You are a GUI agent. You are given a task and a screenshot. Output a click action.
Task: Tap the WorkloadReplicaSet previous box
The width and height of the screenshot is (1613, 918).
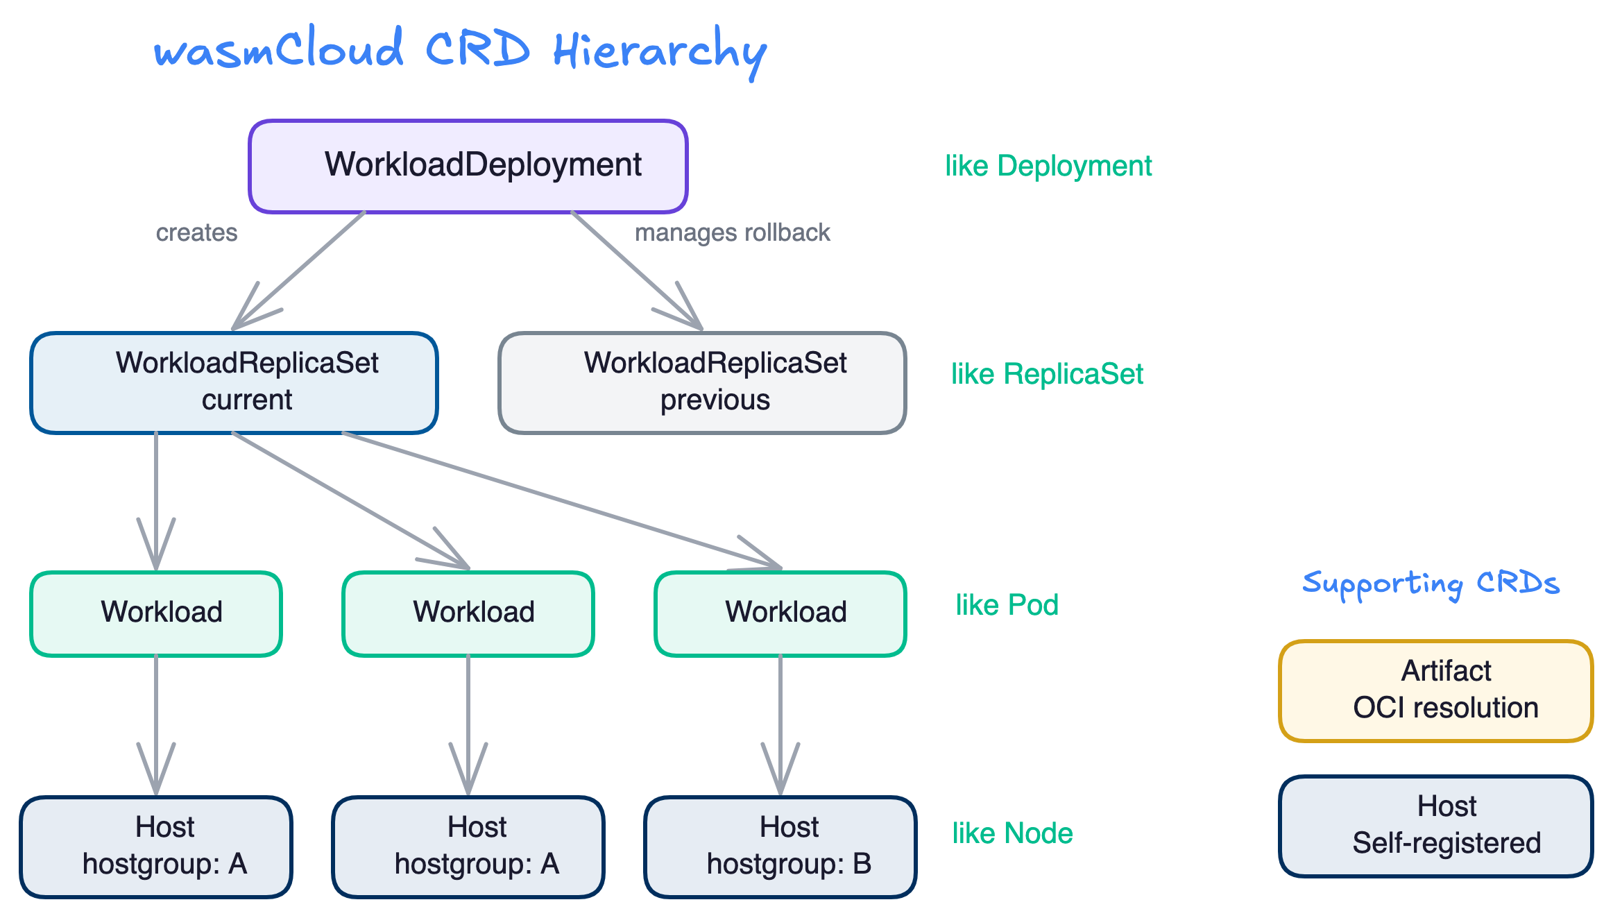[x=702, y=383]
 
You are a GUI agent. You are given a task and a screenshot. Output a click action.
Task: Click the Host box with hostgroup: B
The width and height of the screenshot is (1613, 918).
[x=780, y=847]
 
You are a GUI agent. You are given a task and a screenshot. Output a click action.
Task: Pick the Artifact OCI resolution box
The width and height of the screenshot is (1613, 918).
[x=1436, y=691]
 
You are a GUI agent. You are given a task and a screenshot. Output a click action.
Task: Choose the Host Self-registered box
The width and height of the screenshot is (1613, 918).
[x=1436, y=826]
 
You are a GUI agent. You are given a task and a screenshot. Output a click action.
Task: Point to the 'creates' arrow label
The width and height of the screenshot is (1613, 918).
[x=196, y=232]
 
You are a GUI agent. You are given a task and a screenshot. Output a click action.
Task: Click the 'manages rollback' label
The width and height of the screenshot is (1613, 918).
[x=733, y=232]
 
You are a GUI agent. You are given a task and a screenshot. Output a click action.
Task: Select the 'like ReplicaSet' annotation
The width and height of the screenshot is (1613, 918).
[x=1046, y=375]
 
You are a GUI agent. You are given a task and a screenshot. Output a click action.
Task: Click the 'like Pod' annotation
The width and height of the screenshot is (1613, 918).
[x=1007, y=605]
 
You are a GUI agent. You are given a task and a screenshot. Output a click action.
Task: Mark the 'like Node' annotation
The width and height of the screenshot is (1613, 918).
[x=1012, y=833]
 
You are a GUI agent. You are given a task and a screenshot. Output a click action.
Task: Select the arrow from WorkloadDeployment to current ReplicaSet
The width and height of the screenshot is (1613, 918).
[x=298, y=271]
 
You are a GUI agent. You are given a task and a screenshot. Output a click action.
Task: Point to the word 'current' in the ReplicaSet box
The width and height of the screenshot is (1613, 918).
[x=247, y=400]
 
